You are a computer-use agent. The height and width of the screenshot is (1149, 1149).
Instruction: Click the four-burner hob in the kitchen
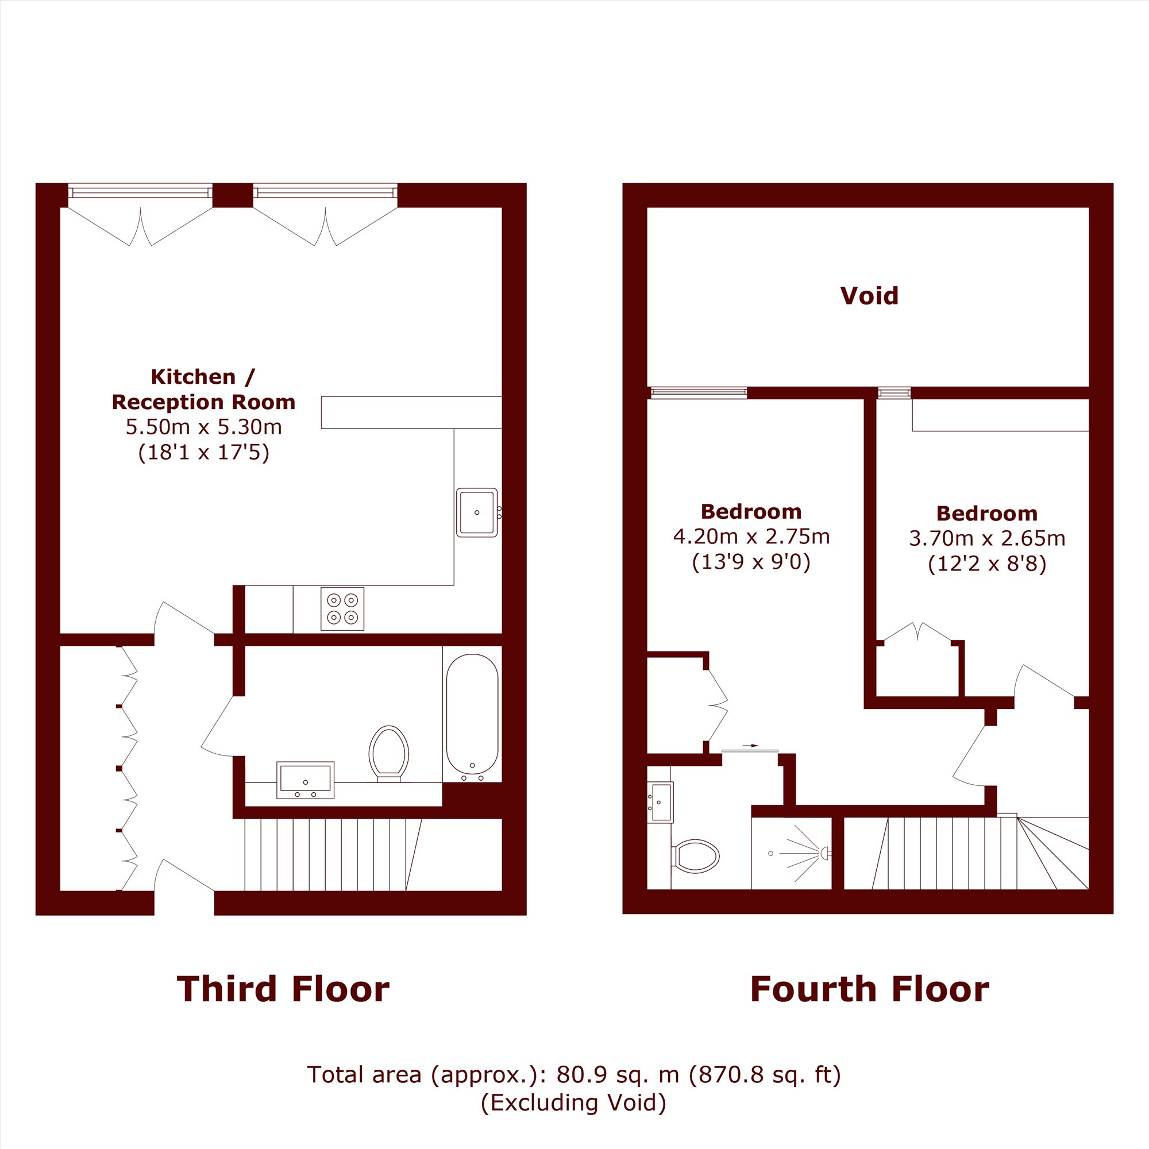342,608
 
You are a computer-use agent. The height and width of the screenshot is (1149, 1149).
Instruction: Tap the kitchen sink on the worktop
477,512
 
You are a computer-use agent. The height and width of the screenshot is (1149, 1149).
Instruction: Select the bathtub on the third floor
472,718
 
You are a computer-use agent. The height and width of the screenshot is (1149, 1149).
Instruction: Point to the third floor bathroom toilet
389,754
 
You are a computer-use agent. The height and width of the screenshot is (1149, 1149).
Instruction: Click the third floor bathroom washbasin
305,780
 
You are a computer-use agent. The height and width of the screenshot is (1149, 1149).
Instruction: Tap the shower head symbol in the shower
825,854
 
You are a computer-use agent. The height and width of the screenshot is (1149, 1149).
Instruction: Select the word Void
869,295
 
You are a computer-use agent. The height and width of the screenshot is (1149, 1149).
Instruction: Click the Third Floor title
283,989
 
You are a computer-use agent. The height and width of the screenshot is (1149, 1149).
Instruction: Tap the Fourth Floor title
869,989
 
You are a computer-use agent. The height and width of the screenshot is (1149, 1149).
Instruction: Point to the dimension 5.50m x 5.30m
203,426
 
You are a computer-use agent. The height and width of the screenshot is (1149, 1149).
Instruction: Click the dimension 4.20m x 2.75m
751,537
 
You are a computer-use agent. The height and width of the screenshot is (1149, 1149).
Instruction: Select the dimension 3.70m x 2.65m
986,538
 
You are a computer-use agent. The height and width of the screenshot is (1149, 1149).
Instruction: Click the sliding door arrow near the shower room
750,745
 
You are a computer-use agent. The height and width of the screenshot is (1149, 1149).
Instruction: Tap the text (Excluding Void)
573,1102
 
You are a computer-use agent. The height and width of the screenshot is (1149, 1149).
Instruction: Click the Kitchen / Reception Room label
203,389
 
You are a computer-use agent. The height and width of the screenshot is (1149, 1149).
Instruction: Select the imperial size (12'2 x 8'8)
986,564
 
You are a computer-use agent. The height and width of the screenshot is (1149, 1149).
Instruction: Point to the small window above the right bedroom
894,393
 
